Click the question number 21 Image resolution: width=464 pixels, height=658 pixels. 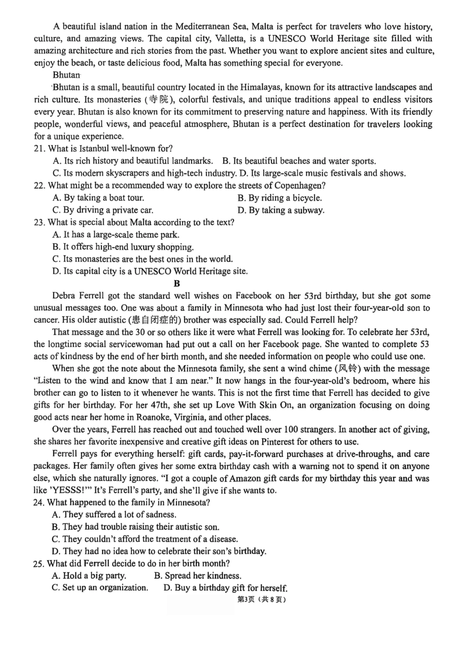point(39,149)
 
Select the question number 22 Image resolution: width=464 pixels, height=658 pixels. point(39,185)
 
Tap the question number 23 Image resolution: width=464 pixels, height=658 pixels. point(39,223)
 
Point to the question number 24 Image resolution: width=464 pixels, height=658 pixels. point(39,502)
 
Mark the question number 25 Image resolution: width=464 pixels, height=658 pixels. point(39,564)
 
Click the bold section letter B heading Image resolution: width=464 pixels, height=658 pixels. point(177,283)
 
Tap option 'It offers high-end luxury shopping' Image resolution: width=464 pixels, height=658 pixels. point(123,247)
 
